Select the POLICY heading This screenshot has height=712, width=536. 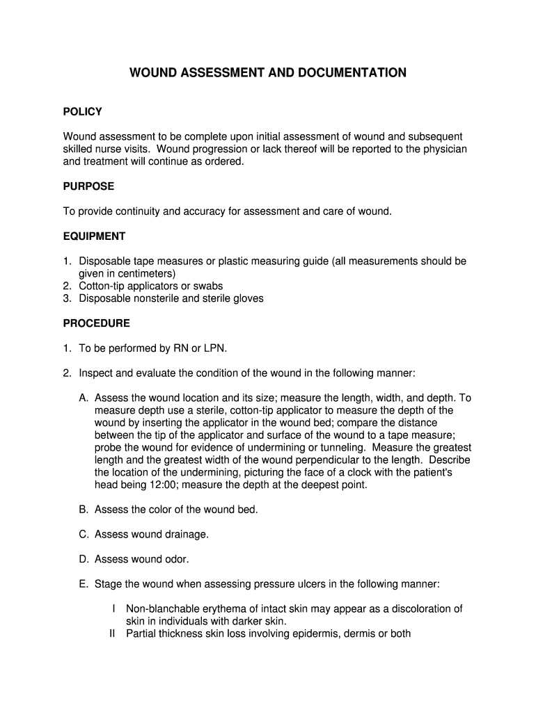(82, 112)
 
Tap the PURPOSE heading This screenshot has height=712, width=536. (88, 186)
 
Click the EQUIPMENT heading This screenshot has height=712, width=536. (94, 236)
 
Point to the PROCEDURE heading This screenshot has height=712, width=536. (96, 323)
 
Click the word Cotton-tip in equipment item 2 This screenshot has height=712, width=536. (102, 286)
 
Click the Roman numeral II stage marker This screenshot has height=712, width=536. (113, 633)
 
